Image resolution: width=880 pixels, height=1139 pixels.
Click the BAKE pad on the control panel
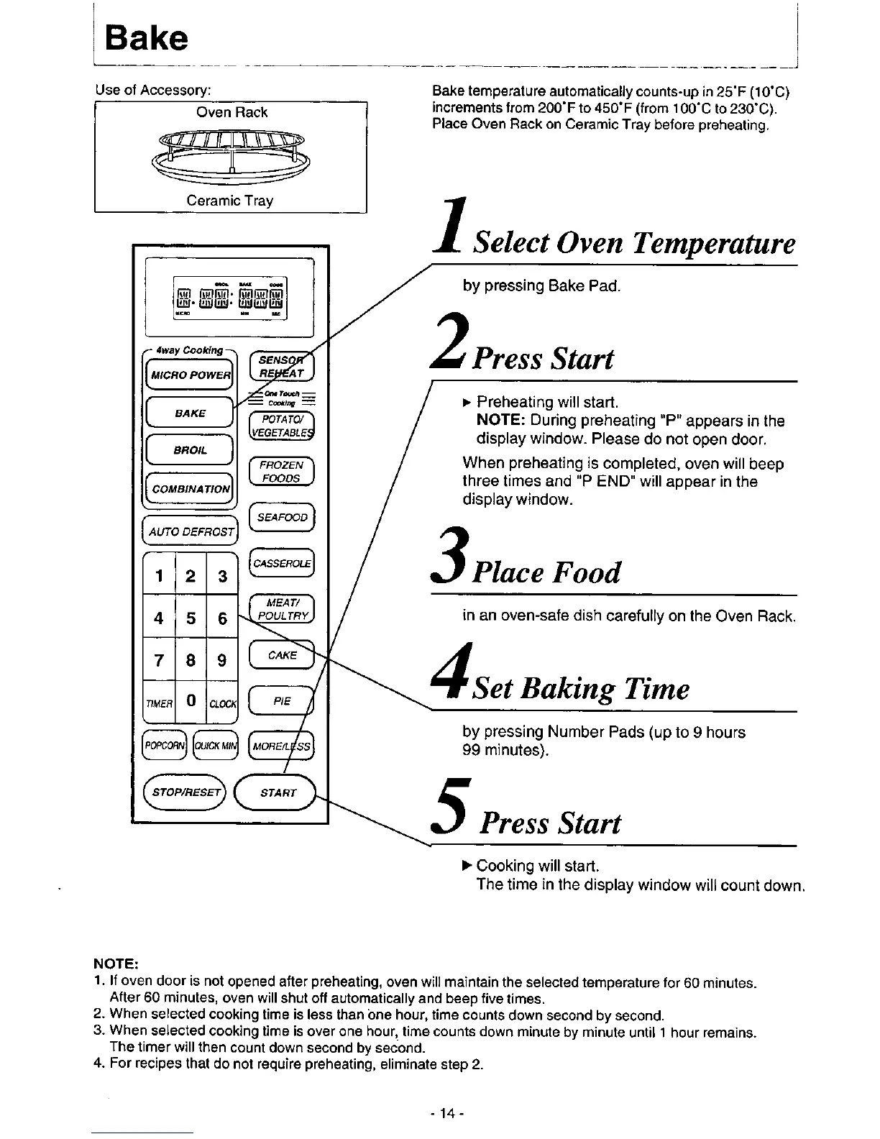(x=190, y=413)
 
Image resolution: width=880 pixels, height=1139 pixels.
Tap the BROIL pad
(x=190, y=450)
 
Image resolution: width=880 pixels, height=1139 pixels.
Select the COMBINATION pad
(x=190, y=488)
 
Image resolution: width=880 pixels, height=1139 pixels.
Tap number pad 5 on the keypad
(x=191, y=618)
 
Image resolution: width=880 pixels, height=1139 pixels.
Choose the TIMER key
(x=159, y=703)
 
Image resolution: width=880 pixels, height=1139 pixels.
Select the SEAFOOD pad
(x=282, y=518)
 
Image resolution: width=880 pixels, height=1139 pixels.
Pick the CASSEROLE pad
(x=282, y=564)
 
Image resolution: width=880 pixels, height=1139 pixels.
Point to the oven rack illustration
(x=230, y=153)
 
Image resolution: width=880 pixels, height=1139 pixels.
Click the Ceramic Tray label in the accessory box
(x=230, y=201)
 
